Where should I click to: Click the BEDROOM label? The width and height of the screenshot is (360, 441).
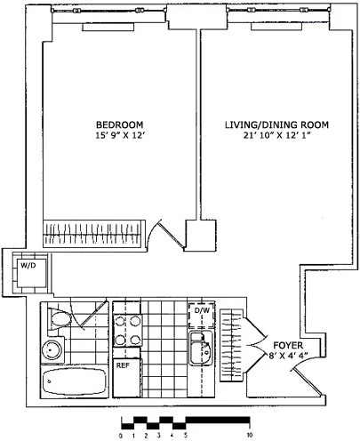click(x=119, y=124)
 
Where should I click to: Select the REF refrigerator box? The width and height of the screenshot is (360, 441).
click(x=125, y=365)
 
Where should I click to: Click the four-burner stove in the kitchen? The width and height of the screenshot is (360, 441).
click(x=130, y=330)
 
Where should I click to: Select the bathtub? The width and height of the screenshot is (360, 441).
click(x=75, y=384)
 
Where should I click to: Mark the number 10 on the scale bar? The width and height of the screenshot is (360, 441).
click(x=251, y=435)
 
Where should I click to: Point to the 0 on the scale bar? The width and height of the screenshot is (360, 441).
click(x=120, y=435)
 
